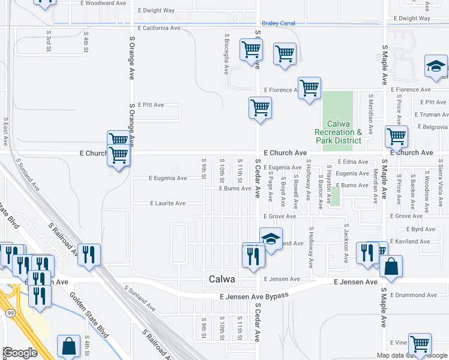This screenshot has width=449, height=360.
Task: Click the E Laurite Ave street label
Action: (167, 203)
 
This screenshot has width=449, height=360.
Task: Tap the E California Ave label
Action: (159, 28)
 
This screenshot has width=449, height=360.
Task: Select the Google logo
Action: (20, 353)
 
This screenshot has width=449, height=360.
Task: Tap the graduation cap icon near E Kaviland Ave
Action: (271, 239)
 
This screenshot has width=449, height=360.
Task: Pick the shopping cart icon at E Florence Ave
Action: (309, 88)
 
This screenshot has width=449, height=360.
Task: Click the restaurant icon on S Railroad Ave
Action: (89, 254)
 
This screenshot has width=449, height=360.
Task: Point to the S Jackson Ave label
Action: (346, 244)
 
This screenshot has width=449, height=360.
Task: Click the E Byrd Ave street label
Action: (420, 229)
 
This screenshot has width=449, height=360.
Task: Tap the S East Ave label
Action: (5, 131)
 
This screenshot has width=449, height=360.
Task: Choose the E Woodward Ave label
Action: (106, 3)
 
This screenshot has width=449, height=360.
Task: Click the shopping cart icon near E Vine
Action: (420, 344)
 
